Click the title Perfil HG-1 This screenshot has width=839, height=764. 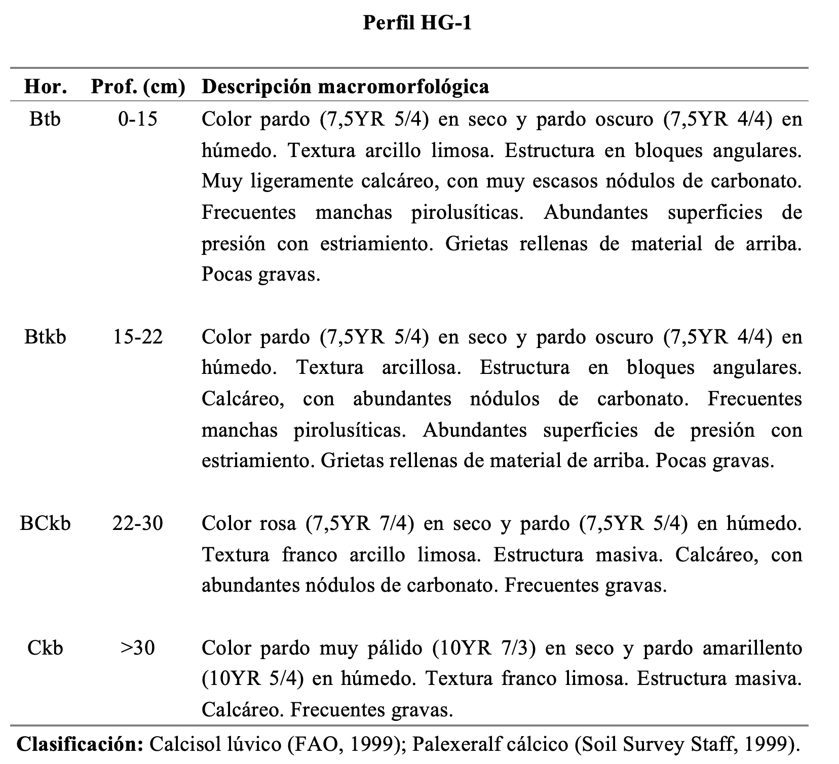point(417,23)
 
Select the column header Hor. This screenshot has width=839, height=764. point(46,87)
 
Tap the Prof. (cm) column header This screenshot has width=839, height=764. point(138,87)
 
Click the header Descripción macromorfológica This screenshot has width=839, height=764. point(346,87)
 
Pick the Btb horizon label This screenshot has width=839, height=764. point(45,119)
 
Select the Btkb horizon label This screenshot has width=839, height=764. point(45,336)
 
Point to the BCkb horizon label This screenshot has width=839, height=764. point(45,523)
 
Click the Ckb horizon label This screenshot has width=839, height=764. point(45,647)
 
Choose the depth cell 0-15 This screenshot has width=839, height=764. point(138,119)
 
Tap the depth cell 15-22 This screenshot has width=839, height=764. point(138,336)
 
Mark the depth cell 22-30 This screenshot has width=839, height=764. point(138,523)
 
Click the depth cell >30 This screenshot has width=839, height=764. point(138,647)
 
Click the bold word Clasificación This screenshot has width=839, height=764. point(81,743)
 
